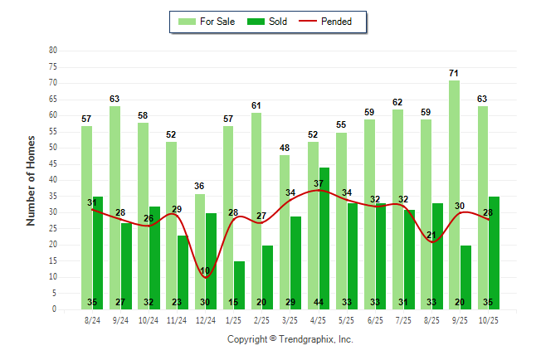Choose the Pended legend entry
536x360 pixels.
[x=337, y=22]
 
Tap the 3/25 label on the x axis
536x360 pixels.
[x=290, y=319]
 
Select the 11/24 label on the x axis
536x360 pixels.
[x=177, y=319]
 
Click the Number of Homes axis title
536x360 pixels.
[x=31, y=180]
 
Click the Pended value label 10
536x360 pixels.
[x=205, y=270]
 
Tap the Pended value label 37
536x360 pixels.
[x=319, y=183]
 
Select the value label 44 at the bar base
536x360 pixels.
[x=324, y=303]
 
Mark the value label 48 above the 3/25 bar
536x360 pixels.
[x=285, y=148]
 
